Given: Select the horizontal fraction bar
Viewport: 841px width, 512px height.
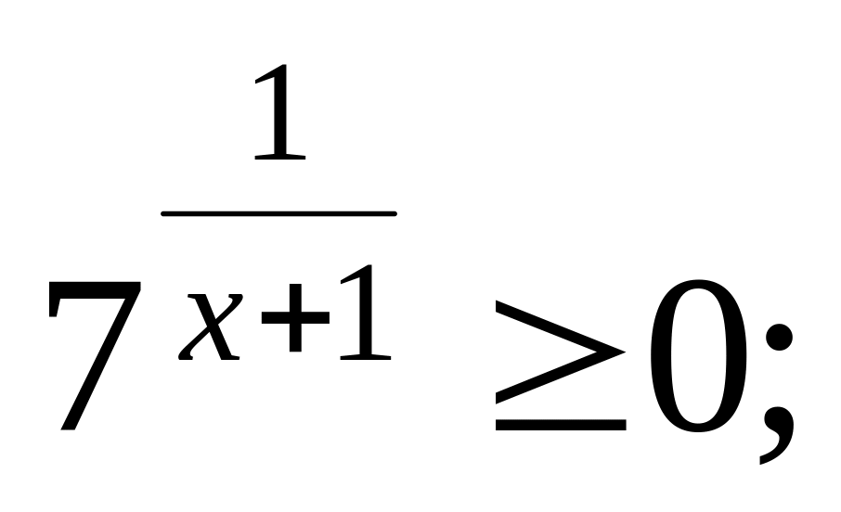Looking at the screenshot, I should (278, 214).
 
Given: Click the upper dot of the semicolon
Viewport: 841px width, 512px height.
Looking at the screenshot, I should (774, 339).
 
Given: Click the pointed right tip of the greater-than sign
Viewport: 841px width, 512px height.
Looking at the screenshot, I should (623, 351).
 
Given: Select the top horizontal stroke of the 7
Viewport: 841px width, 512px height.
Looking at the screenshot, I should (93, 291).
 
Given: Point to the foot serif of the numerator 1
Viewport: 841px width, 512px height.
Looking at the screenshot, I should (280, 157).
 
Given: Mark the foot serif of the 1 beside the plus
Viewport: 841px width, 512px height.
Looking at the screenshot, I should (364, 356).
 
